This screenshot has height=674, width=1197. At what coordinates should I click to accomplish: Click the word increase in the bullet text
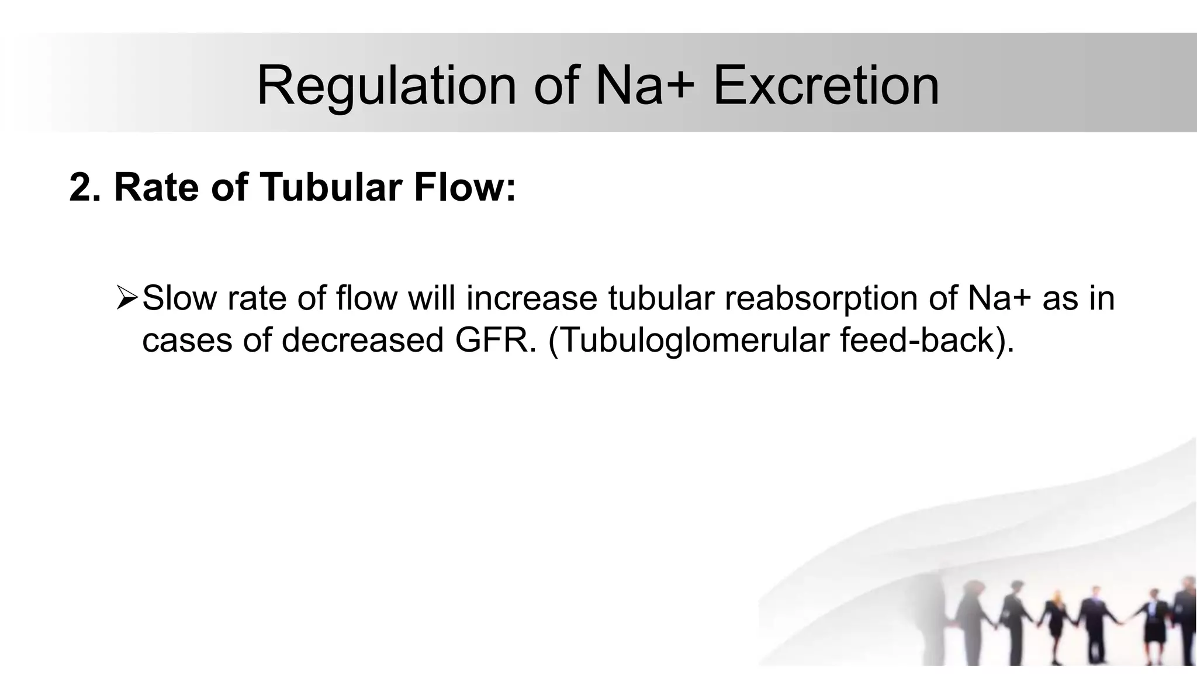pyautogui.click(x=531, y=298)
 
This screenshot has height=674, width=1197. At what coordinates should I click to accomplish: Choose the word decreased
pyautogui.click(x=362, y=340)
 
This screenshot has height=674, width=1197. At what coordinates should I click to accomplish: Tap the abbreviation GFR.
pyautogui.click(x=495, y=340)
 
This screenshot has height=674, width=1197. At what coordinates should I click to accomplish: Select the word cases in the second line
pyautogui.click(x=187, y=340)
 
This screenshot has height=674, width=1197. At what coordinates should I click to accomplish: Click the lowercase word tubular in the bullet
pyautogui.click(x=661, y=298)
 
